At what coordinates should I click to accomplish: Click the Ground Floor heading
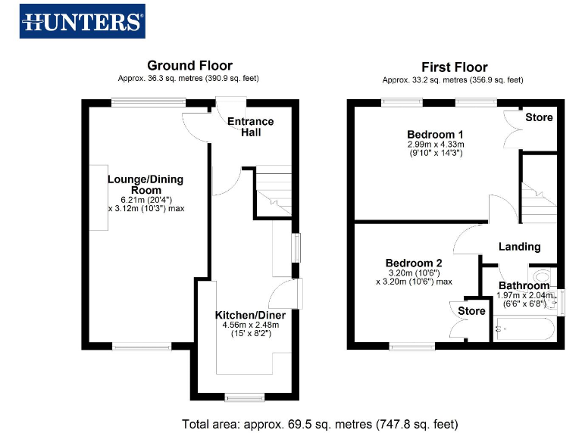point(189,66)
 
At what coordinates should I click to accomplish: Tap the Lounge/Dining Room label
point(145,185)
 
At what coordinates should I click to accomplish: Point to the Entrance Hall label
point(251,126)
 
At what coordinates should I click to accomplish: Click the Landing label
point(519,246)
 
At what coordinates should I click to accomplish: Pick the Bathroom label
point(524,285)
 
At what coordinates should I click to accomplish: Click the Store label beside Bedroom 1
point(539,117)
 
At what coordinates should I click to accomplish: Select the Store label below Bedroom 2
point(471,311)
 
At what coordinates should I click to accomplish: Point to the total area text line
point(320,424)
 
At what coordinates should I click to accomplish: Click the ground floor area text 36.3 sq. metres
point(189,79)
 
